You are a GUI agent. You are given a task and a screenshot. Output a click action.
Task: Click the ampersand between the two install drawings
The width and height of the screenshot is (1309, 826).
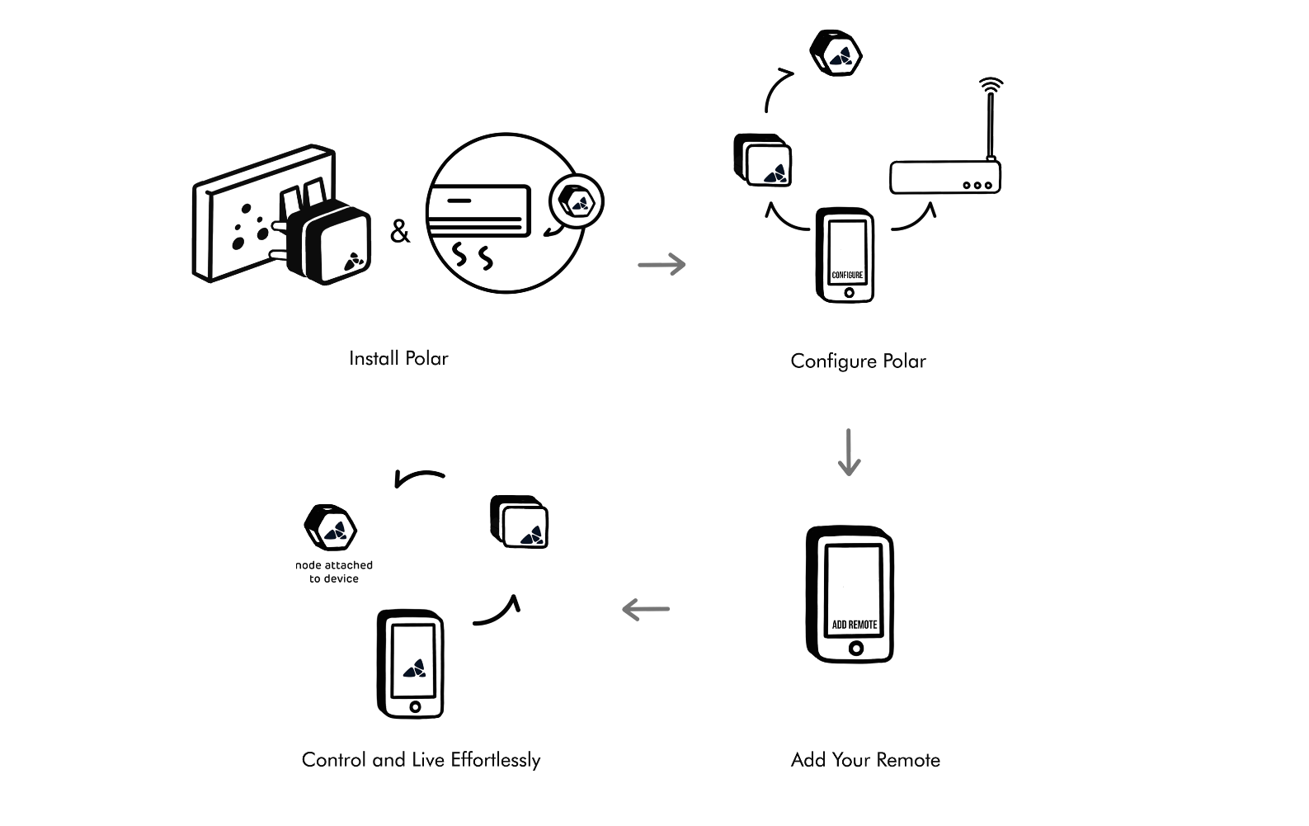[x=399, y=232]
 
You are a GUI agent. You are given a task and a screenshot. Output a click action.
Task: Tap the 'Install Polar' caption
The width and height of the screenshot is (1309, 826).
[x=398, y=358]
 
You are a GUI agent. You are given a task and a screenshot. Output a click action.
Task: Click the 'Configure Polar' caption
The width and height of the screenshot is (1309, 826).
[x=858, y=361]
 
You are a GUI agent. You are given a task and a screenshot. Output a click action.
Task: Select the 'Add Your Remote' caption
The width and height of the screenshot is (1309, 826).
[x=865, y=760]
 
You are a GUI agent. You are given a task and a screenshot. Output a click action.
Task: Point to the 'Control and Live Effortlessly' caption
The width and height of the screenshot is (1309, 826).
[x=421, y=760]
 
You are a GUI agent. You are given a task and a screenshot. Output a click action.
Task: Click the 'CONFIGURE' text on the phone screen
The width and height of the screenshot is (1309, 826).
[x=847, y=275]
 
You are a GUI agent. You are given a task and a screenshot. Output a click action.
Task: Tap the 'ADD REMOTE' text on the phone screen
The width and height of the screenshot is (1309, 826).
[x=855, y=625]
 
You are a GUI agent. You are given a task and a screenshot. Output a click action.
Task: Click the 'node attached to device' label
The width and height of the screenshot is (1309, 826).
[x=334, y=572]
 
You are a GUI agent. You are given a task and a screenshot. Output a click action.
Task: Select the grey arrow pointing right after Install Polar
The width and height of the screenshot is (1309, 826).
[x=662, y=264]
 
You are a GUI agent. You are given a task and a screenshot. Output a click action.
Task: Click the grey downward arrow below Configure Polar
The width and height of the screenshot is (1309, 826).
[x=849, y=452]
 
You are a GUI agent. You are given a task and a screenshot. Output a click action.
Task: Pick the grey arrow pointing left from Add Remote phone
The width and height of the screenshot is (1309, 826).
[x=646, y=610]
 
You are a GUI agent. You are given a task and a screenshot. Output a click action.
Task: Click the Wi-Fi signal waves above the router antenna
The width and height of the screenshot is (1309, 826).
[x=991, y=85]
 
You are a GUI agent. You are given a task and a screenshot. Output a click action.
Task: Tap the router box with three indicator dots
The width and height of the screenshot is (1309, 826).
[x=945, y=177]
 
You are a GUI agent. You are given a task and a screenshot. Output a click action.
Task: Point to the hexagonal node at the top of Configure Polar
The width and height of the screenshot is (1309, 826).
[x=836, y=54]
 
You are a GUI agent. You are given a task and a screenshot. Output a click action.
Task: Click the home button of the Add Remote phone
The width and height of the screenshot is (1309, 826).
[x=856, y=649]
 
